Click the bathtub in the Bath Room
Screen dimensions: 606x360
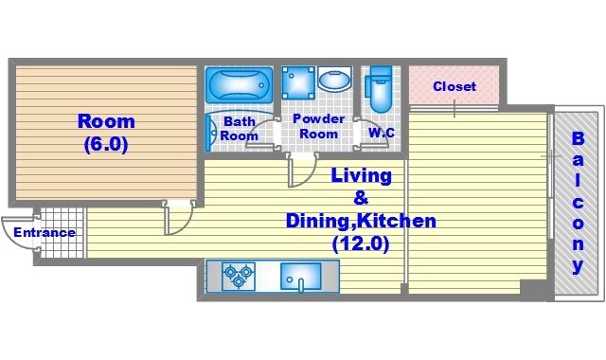tap(239, 85)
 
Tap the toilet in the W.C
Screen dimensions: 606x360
tap(381, 89)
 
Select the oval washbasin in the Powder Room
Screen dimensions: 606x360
tap(334, 79)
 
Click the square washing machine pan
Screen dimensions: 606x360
tap(298, 82)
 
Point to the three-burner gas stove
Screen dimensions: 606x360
tap(239, 276)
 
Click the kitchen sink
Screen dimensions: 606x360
tap(301, 277)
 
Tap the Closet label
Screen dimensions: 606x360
tap(454, 86)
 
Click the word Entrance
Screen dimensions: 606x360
tap(45, 232)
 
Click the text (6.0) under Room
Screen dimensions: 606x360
tap(106, 144)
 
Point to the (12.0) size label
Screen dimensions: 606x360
tap(360, 243)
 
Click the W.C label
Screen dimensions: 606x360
tap(382, 133)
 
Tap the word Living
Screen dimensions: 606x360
tap(362, 176)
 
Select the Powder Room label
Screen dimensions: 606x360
tap(319, 126)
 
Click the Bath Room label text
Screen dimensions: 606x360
tap(240, 129)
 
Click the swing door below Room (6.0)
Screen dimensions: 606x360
tap(178, 217)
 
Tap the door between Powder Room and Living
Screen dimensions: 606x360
tap(302, 171)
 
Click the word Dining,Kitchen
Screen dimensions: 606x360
tap(361, 221)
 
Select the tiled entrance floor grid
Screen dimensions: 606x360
tap(62, 233)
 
